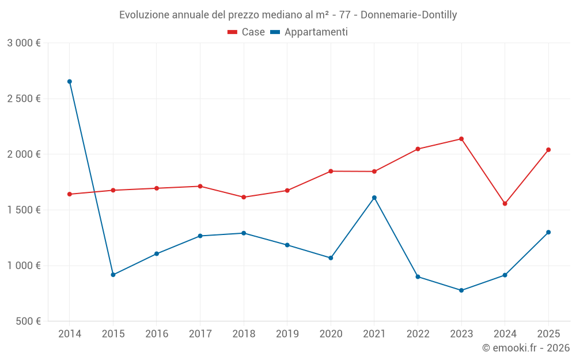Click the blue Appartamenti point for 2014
point(70,82)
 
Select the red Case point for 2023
point(461,139)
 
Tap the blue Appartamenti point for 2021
point(374,198)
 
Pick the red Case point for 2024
point(505,203)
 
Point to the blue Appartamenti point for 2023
point(461,290)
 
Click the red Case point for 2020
point(331,171)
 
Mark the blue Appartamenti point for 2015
point(113,275)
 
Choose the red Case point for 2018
point(244,197)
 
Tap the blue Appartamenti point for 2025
point(548,232)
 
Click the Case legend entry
point(247,32)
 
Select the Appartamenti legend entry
point(309,32)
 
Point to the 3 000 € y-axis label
point(24,43)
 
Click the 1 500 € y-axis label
point(24,210)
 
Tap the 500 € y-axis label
point(28,321)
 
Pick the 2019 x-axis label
point(287,334)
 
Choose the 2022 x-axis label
point(418,334)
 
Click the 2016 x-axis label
point(157,334)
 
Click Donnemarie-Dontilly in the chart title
point(409,15)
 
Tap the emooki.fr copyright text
point(526,348)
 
